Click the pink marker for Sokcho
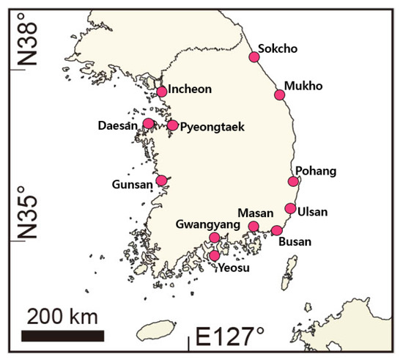pyautogui.click(x=254, y=56)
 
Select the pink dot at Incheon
pyautogui.click(x=162, y=92)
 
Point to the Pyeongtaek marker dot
pyautogui.click(x=172, y=125)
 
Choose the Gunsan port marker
pyautogui.click(x=162, y=180)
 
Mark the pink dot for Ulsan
pyautogui.click(x=290, y=208)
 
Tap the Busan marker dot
pyautogui.click(x=276, y=230)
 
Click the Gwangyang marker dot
pyautogui.click(x=214, y=238)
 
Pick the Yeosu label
pyautogui.click(x=235, y=268)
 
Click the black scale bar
pyautogui.click(x=62, y=336)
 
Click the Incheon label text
pyautogui.click(x=190, y=89)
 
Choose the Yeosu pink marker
pyautogui.click(x=214, y=255)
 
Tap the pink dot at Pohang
pyautogui.click(x=293, y=181)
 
